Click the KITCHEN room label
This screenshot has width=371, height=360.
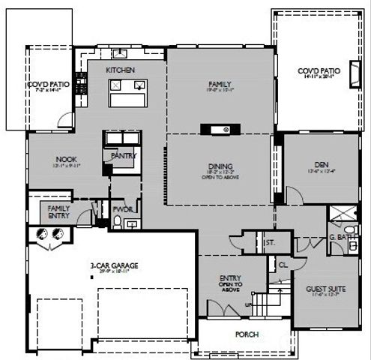120,70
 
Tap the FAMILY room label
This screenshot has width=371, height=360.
220,84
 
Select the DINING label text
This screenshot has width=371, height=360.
220,166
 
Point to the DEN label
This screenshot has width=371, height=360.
313,165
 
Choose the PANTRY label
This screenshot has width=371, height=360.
122,156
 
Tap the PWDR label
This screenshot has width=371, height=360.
122,209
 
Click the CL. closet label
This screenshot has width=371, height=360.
283,265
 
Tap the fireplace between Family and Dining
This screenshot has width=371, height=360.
220,130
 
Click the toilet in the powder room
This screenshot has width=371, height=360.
117,221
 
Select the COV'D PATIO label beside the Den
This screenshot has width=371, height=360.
319,72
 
